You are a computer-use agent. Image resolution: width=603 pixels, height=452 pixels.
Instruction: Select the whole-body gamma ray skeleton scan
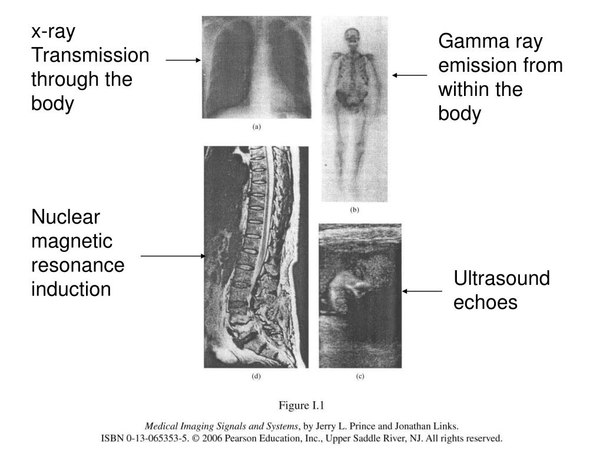tap(354, 109)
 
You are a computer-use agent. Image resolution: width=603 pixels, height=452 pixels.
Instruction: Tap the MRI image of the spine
tap(256, 257)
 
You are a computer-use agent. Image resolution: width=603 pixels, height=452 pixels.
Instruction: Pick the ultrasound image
tap(360, 295)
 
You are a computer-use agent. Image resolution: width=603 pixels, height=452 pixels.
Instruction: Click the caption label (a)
tap(257, 126)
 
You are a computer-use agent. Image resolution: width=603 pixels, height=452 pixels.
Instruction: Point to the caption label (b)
tap(354, 210)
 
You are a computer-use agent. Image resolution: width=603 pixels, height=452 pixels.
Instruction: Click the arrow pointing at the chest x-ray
tap(183, 60)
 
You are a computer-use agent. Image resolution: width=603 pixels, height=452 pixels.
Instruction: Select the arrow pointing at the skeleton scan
tap(410, 75)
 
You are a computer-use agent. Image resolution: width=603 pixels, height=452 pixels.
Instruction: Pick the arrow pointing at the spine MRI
tap(174, 257)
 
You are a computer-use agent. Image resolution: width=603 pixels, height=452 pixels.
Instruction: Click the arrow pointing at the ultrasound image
tap(422, 291)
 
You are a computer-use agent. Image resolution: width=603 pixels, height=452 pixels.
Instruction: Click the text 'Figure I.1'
tap(301, 405)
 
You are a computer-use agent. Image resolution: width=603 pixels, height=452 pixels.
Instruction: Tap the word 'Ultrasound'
tap(502, 278)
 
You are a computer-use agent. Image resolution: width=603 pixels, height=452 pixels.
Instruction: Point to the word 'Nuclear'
tap(66, 218)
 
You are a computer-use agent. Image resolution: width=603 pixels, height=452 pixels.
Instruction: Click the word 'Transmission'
tap(90, 55)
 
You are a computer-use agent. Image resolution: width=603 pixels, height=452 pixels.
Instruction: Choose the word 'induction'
tap(71, 289)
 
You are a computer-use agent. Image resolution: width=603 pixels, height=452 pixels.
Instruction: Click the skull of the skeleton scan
tap(352, 37)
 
